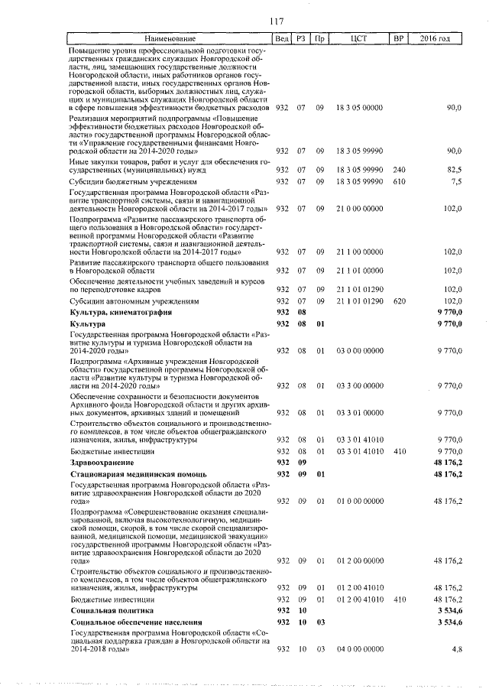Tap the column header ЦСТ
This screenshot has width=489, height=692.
(359, 39)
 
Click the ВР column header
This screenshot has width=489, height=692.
(397, 39)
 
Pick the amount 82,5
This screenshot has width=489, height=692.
(454, 168)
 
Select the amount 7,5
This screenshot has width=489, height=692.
(456, 182)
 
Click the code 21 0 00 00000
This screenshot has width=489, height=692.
(358, 208)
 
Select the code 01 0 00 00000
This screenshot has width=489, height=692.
(358, 501)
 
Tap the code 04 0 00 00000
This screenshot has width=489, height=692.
(358, 648)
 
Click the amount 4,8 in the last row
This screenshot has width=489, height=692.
(456, 648)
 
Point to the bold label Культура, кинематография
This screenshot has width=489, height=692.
(120, 312)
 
